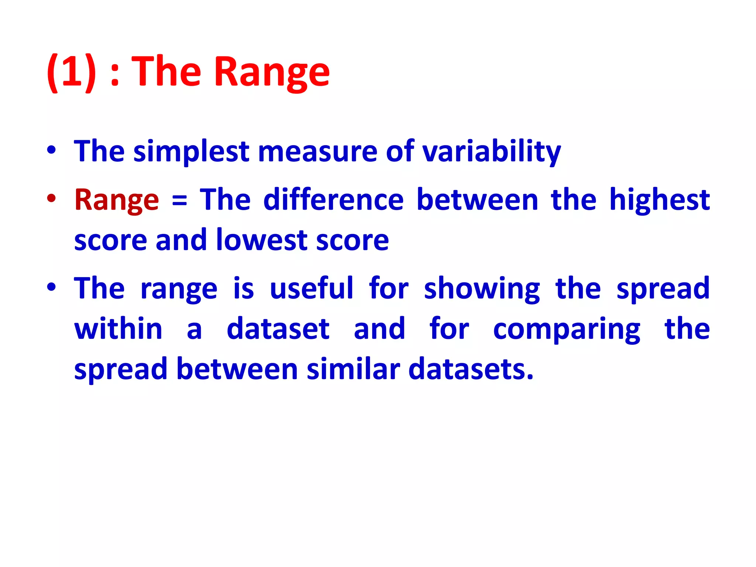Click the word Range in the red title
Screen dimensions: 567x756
(x=272, y=72)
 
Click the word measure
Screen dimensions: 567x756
(x=317, y=151)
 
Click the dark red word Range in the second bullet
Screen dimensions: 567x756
(x=117, y=200)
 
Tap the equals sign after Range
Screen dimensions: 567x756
(x=179, y=202)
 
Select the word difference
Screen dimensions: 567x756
(x=334, y=199)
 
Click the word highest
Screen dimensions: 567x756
(x=659, y=200)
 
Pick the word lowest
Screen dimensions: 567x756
(x=262, y=240)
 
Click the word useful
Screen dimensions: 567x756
(x=312, y=288)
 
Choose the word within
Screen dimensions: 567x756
(x=118, y=329)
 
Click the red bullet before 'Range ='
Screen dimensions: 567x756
(x=51, y=198)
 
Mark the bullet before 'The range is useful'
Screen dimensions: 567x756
(x=51, y=287)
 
